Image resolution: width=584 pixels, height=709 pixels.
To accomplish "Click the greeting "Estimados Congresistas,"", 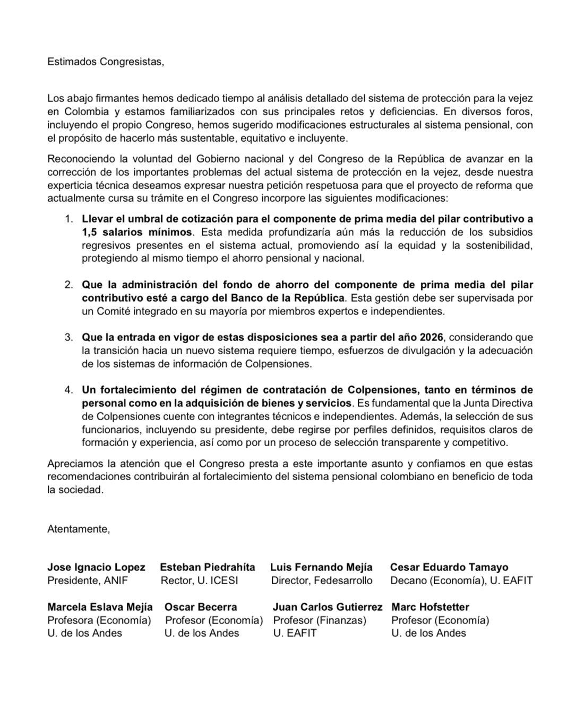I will (x=106, y=62).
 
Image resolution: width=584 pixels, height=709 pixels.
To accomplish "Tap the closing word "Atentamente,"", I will (x=79, y=528).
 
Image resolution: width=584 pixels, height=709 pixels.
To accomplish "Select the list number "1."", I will (x=68, y=219).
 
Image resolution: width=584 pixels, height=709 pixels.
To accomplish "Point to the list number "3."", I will (x=68, y=337).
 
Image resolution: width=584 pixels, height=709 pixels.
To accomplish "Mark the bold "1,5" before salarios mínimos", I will (x=91, y=232).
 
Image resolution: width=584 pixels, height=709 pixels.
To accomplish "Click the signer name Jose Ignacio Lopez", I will (x=96, y=567).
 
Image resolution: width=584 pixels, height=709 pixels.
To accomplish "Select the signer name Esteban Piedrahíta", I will (x=208, y=567).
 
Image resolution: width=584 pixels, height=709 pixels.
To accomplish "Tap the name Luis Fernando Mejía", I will (x=321, y=567).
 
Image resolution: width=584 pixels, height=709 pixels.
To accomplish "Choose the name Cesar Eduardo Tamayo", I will (x=449, y=567).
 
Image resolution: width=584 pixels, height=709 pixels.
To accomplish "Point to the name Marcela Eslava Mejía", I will (x=100, y=607).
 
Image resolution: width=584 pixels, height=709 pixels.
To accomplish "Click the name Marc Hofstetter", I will (x=430, y=607).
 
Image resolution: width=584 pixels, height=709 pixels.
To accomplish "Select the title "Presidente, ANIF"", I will (x=88, y=580).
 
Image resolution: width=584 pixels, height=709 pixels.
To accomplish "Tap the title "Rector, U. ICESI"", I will (x=199, y=580).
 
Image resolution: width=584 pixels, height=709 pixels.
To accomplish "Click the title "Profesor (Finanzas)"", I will (x=320, y=620).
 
